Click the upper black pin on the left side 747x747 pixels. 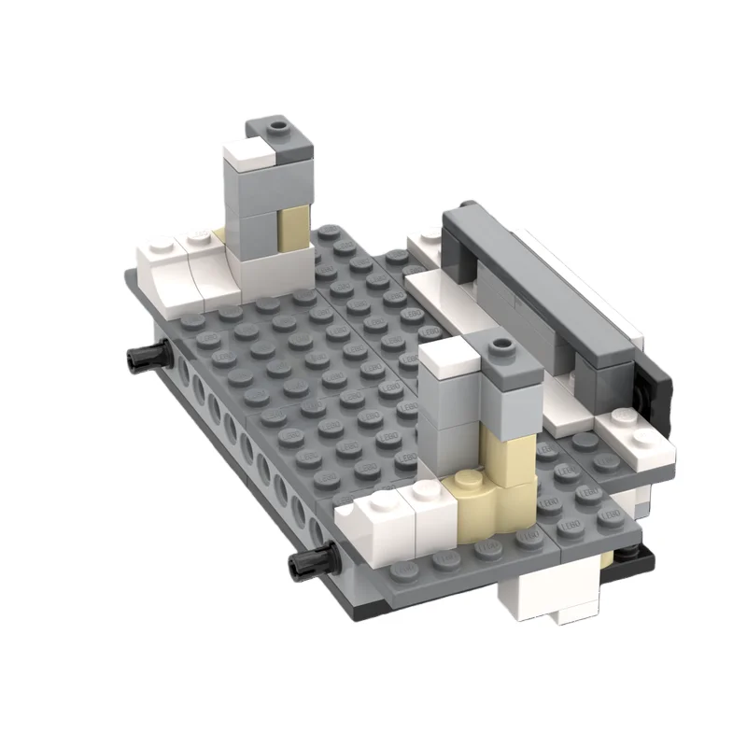(x=145, y=355)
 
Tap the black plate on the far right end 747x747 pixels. (x=658, y=392)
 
